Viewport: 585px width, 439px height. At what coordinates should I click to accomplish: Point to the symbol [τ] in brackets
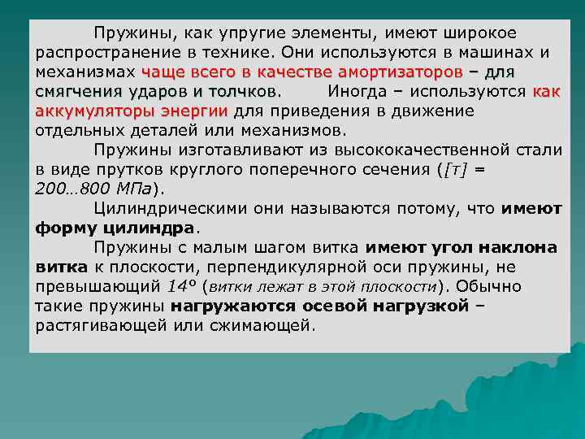453,168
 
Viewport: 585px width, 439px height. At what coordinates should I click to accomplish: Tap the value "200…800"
71,188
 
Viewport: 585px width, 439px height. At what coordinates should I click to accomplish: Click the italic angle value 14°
181,286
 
